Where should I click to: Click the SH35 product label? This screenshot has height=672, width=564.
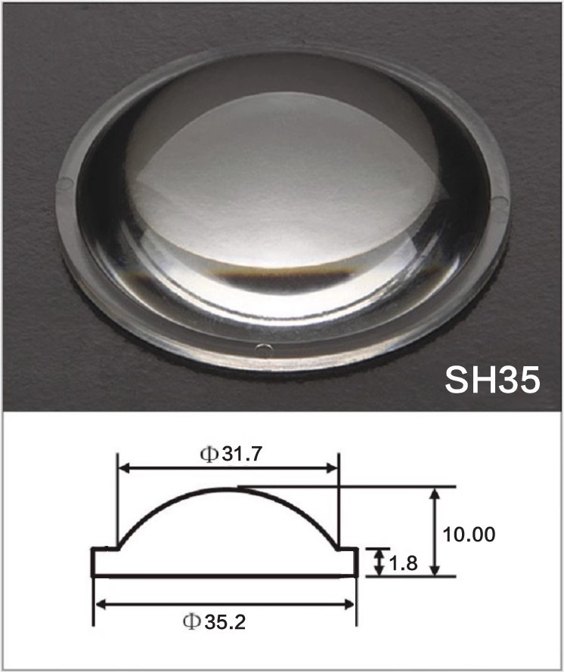[x=492, y=380]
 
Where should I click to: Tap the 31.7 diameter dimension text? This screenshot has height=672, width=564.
[x=242, y=455]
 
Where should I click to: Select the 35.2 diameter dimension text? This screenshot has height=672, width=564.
[x=225, y=622]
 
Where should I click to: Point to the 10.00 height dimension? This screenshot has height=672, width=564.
[x=469, y=535]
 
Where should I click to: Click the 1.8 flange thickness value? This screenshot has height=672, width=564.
[x=403, y=563]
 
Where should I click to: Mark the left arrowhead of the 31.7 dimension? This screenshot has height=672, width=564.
[x=125, y=468]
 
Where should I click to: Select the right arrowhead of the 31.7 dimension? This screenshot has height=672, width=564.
[x=332, y=468]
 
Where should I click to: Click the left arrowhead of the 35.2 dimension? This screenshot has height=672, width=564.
[x=101, y=605]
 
